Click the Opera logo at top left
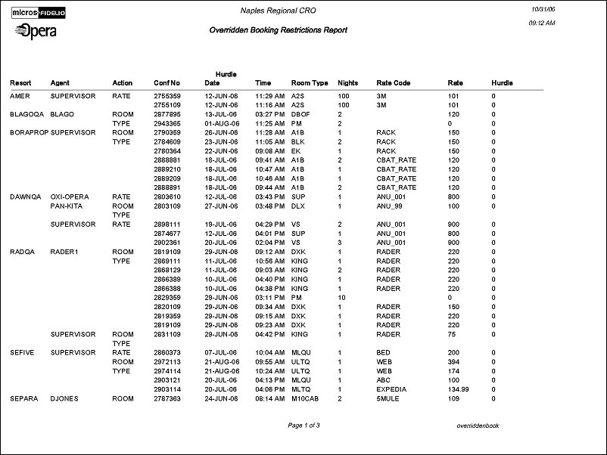point(35,31)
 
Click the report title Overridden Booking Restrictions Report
point(278,30)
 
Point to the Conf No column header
point(167,82)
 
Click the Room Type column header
point(310,82)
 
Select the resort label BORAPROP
point(29,132)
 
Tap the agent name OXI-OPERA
point(70,197)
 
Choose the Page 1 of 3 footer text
point(304,426)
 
